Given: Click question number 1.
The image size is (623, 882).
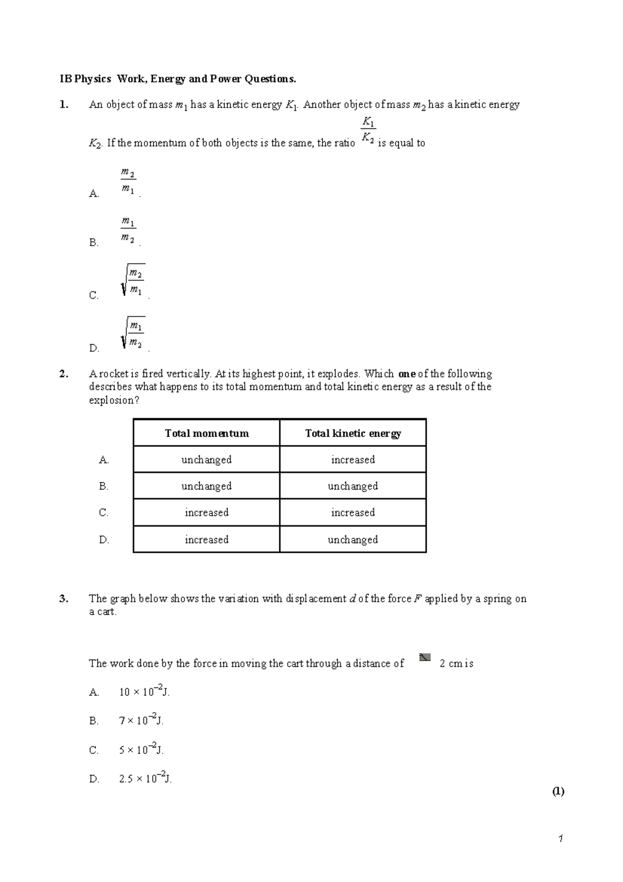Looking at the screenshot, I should pos(63,105).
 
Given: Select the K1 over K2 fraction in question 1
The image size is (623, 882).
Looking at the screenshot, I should pos(368,130).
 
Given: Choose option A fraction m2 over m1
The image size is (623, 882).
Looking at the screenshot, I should pos(128,181).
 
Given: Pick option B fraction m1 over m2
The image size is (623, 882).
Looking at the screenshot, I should pos(128,231).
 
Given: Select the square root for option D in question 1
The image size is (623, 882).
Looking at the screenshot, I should pos(132,333).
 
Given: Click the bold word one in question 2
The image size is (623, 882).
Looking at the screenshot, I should pos(407,374).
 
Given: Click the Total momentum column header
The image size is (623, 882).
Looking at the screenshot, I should pos(207,433).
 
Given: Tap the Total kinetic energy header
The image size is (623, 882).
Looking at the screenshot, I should pos(353,433).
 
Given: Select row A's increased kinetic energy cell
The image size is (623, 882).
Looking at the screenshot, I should pos(353,460).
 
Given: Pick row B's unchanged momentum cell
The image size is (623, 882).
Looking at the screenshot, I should pos(207,486).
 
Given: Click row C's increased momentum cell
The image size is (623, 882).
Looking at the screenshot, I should pos(207,513).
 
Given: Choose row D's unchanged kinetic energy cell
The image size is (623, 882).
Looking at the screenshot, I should pos(353,540).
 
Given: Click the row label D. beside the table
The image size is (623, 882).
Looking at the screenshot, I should pos(104,540).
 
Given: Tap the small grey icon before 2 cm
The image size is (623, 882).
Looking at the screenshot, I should pos(425,658).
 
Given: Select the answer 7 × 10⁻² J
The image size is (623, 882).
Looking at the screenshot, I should pos(141,720).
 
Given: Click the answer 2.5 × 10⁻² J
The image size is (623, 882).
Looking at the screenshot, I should pos(145,779).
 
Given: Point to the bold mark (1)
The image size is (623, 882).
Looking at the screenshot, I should pos(558,792).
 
